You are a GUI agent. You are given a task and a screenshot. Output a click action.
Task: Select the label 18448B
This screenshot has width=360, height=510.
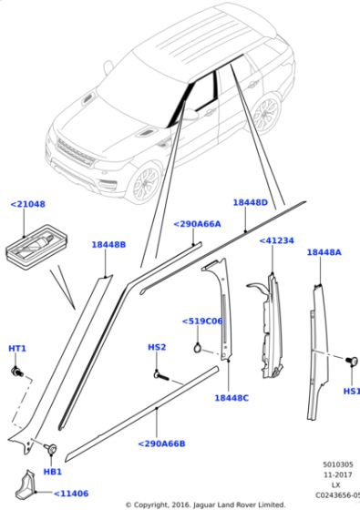coord(108,244)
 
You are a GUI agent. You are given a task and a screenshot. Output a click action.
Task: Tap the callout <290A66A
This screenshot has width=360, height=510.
coord(197,223)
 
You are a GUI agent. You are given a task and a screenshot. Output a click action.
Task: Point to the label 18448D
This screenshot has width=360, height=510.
coord(250,203)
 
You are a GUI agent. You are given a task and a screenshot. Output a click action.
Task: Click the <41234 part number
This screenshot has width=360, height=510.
coord(276,240)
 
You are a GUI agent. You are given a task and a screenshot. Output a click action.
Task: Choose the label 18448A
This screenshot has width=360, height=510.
coord(324,252)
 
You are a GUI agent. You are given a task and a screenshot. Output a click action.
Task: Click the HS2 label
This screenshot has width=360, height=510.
coord(157,347)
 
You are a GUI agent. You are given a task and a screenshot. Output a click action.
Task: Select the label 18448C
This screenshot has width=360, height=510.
coord(232,398)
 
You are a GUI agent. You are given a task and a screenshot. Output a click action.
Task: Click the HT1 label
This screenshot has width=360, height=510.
coord(17,349)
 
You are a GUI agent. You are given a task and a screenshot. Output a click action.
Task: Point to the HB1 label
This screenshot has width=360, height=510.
coord(53,472)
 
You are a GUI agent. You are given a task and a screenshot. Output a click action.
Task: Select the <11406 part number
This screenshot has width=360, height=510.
coord(70,493)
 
